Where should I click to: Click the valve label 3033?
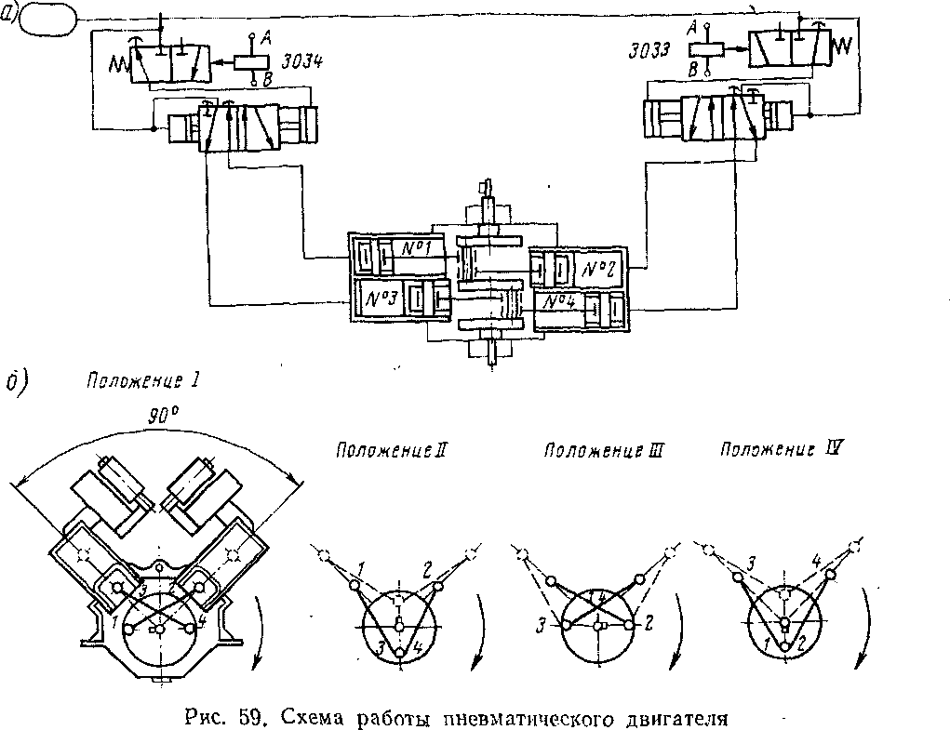click(x=655, y=51)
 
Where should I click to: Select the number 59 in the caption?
click(x=247, y=717)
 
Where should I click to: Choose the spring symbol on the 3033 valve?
click(x=847, y=44)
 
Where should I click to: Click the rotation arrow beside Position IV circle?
click(x=868, y=632)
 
